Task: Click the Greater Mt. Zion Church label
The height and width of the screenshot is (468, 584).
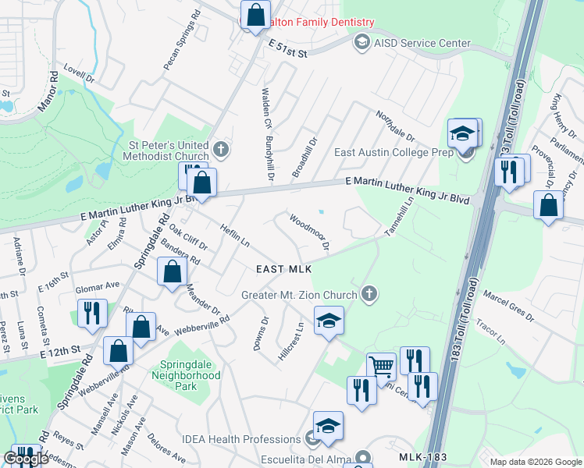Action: point(299,294)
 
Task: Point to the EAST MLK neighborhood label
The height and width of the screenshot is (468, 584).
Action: point(284,269)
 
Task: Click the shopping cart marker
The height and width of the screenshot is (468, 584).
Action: point(381,365)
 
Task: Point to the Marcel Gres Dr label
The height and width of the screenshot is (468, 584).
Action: point(508,307)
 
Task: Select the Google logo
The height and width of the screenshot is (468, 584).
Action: point(27,459)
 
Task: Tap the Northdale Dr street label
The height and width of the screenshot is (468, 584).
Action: point(396,126)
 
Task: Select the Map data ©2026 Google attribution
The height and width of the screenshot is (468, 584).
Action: point(535,462)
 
